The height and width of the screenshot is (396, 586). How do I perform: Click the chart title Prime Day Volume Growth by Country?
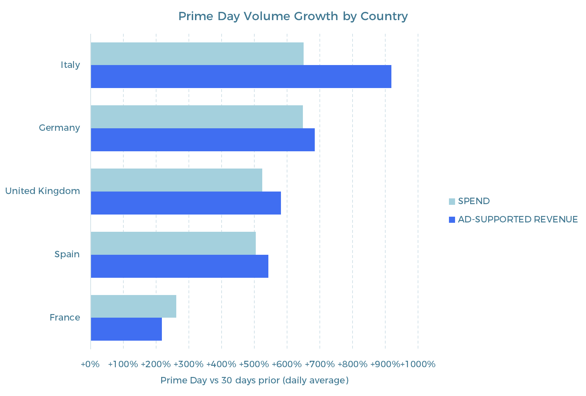(293, 16)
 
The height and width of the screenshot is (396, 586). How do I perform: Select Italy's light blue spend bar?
(197, 54)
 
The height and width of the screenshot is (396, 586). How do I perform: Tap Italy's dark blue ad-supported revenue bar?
(241, 77)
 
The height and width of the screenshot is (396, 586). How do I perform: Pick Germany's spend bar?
(197, 117)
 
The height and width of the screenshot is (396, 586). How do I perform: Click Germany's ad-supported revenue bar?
(203, 140)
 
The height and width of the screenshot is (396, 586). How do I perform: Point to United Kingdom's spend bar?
(176, 180)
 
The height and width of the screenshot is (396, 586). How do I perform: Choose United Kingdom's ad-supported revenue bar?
(186, 203)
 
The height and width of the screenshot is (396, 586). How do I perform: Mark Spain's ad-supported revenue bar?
(180, 266)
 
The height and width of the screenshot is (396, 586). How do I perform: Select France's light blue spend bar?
(133, 306)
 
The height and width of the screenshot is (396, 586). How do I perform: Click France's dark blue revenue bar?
(126, 329)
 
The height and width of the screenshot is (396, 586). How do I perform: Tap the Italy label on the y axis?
(70, 65)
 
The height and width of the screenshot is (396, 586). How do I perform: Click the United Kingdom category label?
(42, 191)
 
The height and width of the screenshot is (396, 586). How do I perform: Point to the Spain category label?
(67, 254)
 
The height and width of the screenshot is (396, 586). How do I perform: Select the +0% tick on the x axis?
(90, 364)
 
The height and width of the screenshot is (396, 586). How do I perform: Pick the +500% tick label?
(254, 364)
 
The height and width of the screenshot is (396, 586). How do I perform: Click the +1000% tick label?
(418, 364)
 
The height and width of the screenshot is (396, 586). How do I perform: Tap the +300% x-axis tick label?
(188, 364)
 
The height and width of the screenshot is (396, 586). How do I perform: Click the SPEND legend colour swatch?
(452, 201)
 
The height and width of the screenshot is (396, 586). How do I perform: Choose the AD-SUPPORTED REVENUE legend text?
(518, 220)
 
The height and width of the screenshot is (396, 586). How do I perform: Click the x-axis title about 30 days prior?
(254, 380)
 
